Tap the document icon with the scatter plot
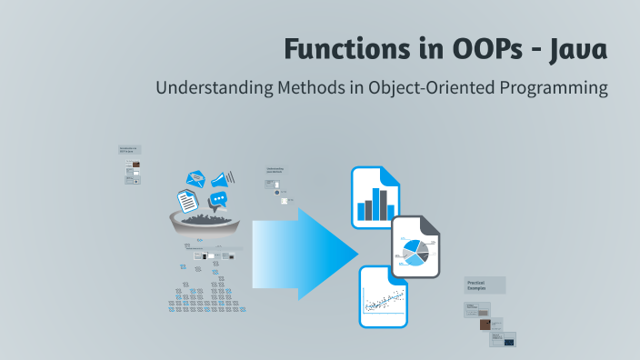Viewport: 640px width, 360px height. [383, 297]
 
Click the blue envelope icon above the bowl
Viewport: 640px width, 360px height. [195, 179]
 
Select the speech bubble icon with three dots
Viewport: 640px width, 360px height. [218, 199]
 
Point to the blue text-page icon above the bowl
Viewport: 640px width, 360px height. [187, 200]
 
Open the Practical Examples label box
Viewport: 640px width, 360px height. [485, 285]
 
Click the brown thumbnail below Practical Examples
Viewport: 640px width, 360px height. [485, 324]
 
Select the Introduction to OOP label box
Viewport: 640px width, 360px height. [130, 151]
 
